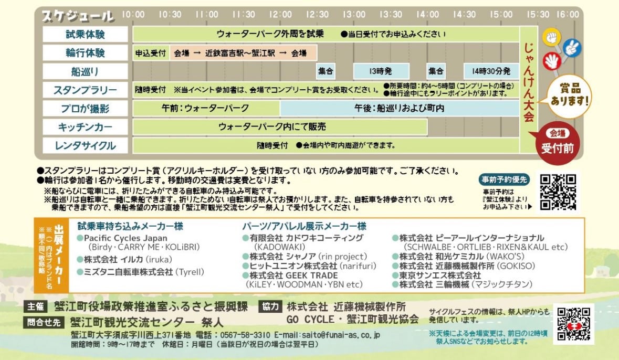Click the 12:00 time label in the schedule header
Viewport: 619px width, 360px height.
280,15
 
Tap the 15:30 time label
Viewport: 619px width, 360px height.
538,15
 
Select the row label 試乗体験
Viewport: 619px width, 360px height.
85,34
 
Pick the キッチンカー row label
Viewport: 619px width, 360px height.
85,127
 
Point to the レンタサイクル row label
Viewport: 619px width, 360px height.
85,145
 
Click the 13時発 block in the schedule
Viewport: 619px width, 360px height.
381,71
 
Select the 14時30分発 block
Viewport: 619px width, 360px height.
491,71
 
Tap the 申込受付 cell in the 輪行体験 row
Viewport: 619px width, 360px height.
151,53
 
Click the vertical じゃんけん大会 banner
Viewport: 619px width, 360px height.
529,84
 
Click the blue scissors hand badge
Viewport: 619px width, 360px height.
571,48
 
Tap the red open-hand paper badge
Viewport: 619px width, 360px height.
551,61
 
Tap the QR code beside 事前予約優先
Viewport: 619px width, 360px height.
558,192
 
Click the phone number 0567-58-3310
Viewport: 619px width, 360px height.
248,335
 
